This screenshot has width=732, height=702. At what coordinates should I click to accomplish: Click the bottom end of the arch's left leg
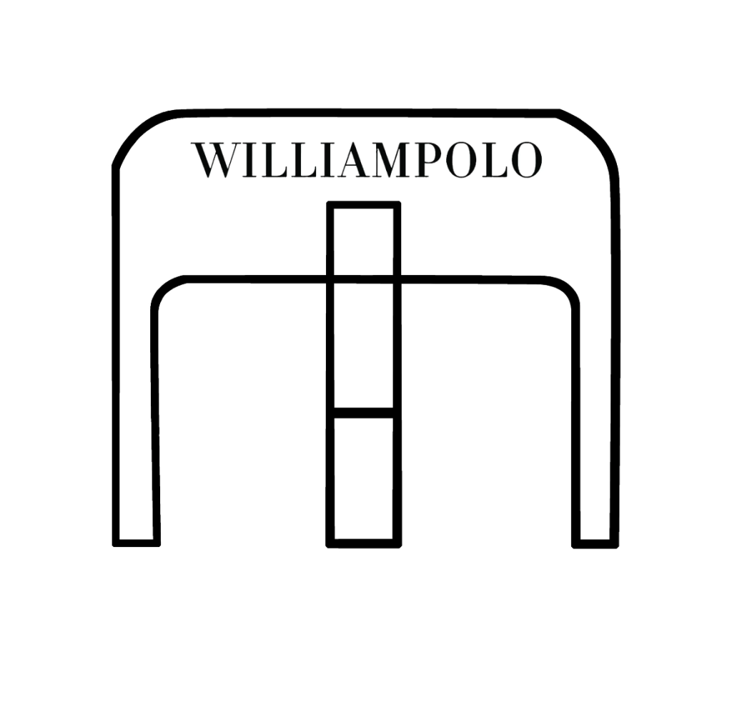pos(137,543)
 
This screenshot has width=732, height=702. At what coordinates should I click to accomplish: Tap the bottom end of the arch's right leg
pos(595,544)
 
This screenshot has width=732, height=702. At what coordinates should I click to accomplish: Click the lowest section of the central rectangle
pos(363,478)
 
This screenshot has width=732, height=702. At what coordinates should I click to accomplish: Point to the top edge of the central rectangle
pos(364,205)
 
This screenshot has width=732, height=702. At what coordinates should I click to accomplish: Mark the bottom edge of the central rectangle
pos(364,544)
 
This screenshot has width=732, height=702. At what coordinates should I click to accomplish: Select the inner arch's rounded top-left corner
pos(163,289)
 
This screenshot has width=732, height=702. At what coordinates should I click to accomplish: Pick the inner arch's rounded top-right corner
pos(567,290)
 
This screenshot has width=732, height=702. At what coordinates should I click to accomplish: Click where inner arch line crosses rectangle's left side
pos(330,279)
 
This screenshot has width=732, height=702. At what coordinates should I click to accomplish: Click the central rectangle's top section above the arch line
pos(364,241)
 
